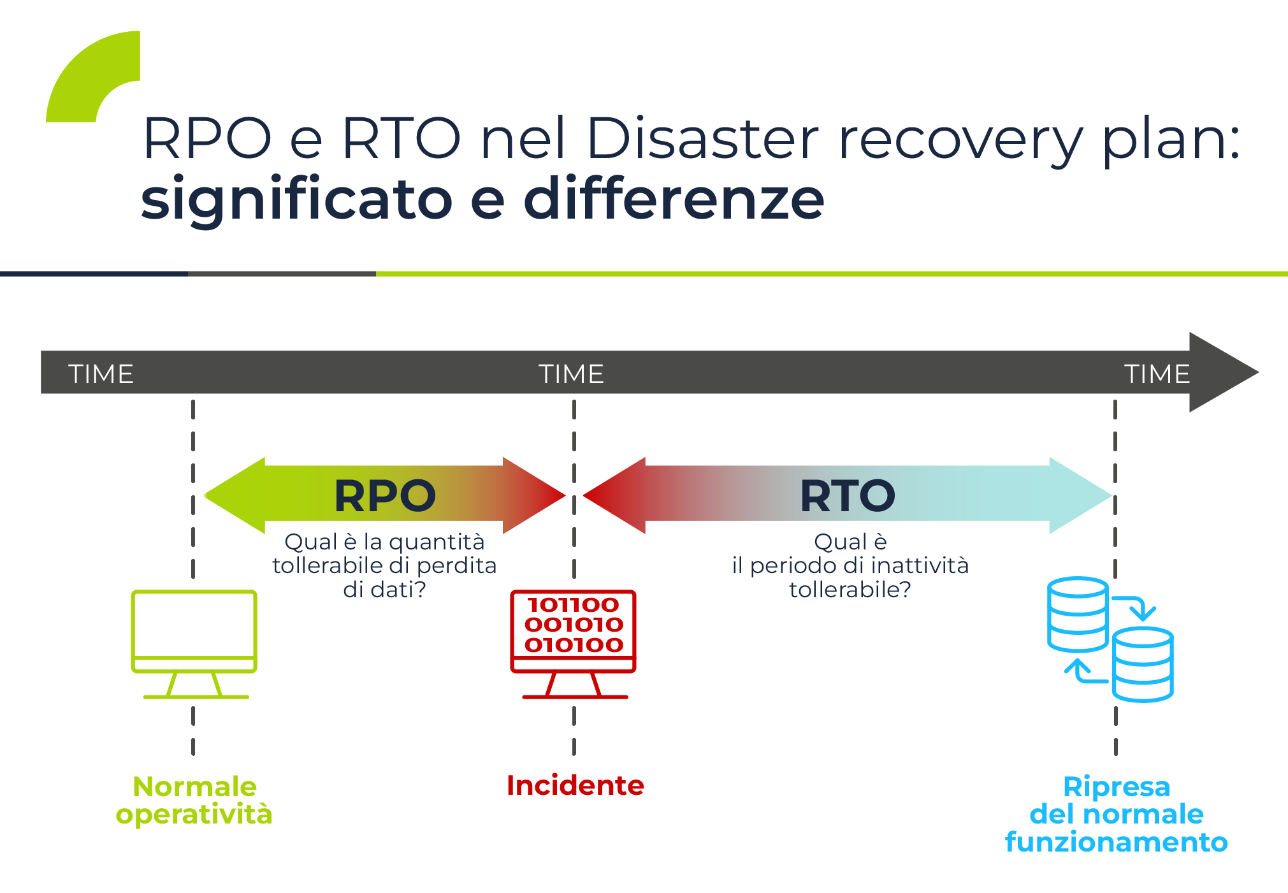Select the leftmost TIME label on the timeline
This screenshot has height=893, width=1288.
pyautogui.click(x=101, y=374)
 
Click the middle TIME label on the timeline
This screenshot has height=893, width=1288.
pyautogui.click(x=571, y=374)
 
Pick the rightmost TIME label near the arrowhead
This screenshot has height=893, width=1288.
pyautogui.click(x=1157, y=374)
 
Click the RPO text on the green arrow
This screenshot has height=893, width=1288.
pyautogui.click(x=385, y=496)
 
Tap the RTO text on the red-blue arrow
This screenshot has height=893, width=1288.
pyautogui.click(x=847, y=496)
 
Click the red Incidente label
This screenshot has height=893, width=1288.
pyautogui.click(x=575, y=785)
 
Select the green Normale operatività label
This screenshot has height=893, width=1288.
pyautogui.click(x=194, y=801)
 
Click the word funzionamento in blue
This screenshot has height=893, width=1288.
pyautogui.click(x=1116, y=842)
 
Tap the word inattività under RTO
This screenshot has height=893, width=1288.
pyautogui.click(x=920, y=565)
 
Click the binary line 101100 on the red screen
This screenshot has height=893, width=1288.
pyautogui.click(x=573, y=604)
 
